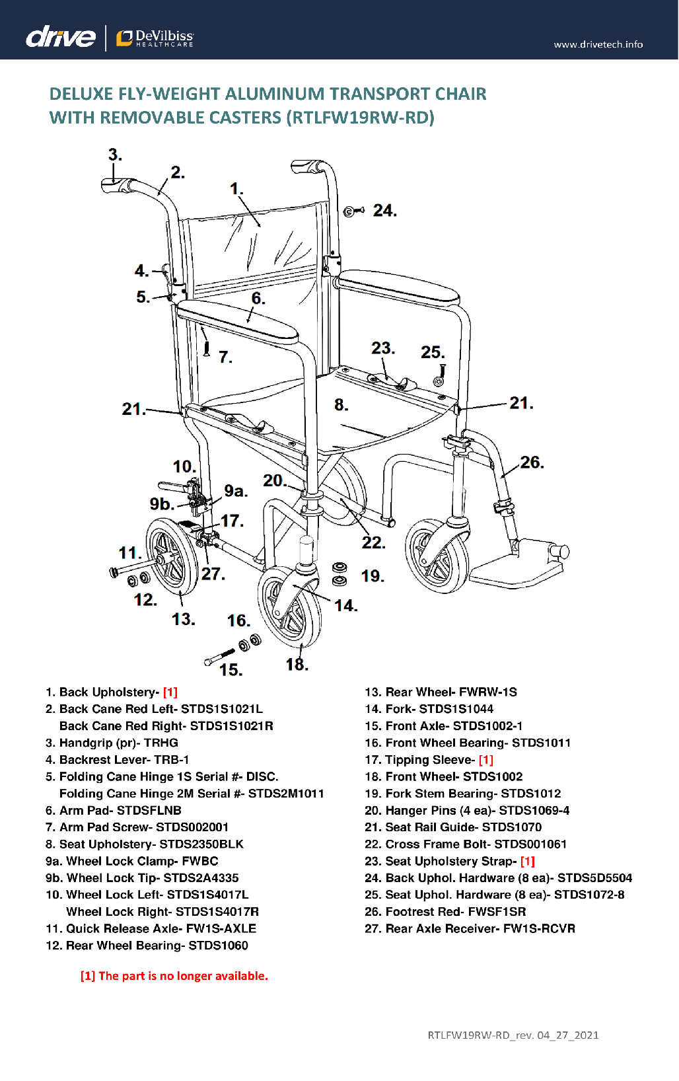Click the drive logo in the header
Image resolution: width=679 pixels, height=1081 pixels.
click(60, 37)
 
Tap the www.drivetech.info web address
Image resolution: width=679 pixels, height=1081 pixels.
click(598, 44)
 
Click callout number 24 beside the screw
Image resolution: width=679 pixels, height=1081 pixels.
click(384, 211)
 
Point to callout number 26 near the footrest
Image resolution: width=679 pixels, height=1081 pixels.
click(531, 463)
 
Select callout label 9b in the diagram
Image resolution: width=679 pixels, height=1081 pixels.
click(161, 504)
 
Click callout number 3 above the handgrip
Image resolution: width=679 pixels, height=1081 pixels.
click(115, 155)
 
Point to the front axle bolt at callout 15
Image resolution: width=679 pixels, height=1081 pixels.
click(218, 656)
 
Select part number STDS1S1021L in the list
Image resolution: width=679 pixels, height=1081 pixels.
click(221, 709)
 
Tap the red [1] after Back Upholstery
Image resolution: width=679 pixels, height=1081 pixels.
click(170, 692)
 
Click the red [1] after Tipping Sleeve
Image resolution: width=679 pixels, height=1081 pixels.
click(485, 760)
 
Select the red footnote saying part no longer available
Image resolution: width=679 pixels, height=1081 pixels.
click(174, 976)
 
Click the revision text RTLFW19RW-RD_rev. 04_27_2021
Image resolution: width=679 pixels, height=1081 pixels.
click(513, 1035)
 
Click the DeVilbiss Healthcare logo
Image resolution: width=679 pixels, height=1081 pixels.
click(155, 38)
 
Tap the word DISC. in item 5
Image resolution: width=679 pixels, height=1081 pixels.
click(262, 776)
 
